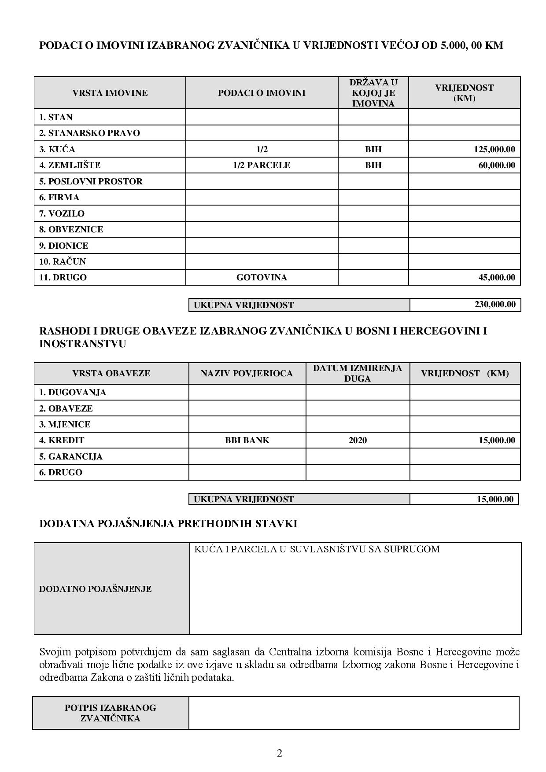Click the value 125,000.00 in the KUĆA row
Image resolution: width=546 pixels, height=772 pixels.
[494, 149]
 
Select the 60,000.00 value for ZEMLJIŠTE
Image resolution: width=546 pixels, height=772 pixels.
[496, 165]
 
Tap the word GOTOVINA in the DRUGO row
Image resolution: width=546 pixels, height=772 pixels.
[262, 277]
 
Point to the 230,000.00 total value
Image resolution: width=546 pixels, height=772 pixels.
[495, 305]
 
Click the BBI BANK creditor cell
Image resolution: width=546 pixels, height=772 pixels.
[247, 440]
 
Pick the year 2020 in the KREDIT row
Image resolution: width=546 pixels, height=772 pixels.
[358, 440]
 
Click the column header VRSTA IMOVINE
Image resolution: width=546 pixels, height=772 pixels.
[110, 93]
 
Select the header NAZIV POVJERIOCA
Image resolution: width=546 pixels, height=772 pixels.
[247, 373]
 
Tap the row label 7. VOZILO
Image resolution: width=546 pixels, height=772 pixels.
[62, 213]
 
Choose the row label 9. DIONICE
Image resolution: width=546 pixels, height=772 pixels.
[63, 246]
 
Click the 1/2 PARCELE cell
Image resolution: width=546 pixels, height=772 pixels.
[262, 165]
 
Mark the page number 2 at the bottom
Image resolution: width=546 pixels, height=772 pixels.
[279, 753]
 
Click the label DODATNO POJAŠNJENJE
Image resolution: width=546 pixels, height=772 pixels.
[95, 589]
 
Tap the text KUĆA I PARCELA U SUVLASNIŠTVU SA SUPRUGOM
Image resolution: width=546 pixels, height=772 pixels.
[317, 549]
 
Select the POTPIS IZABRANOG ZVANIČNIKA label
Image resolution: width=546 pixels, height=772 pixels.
[110, 713]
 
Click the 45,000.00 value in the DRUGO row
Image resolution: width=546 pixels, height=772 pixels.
[496, 277]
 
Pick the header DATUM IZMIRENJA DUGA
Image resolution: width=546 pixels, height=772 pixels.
[358, 373]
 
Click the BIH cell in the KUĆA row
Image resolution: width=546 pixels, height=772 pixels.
[373, 149]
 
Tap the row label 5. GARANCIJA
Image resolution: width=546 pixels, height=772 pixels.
[70, 456]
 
